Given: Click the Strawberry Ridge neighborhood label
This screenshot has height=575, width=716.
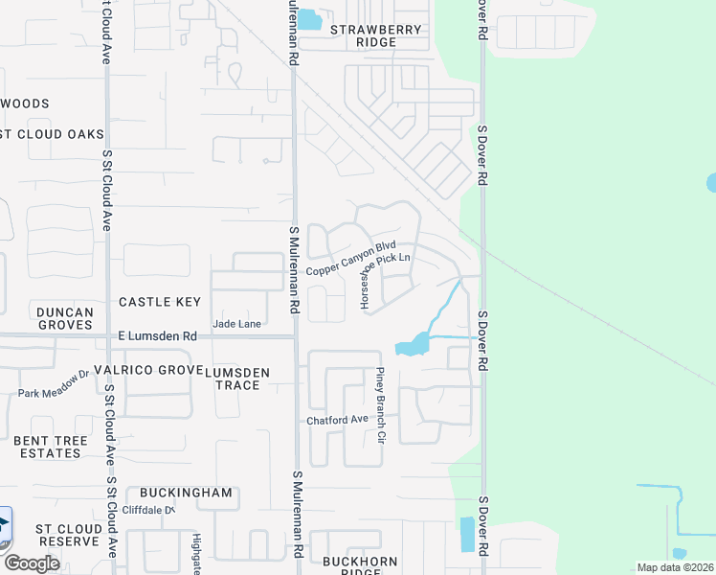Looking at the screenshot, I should pos(376,35).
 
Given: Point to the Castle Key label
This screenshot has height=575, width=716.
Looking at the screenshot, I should pos(160,302).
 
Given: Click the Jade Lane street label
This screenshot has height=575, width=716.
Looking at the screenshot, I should pos(236,324).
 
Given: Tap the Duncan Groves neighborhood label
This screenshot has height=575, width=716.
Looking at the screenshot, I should pos(65,318).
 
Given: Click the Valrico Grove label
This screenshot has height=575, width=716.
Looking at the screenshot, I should pos(161,370).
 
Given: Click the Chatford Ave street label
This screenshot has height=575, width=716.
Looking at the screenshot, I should pos(337,420).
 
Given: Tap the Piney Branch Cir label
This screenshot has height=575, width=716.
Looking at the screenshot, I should pos(380,404).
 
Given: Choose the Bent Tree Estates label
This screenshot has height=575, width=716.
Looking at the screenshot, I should pos(51,447).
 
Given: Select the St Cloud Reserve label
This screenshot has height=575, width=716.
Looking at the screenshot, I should pos(67,535).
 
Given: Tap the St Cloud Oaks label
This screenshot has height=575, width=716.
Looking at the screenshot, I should pos(52,134).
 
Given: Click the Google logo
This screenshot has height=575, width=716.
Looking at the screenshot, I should pos(32,563).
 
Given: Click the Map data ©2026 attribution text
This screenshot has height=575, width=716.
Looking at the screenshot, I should pos(674,567).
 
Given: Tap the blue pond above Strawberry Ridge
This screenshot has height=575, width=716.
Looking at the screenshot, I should pos(309,20).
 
